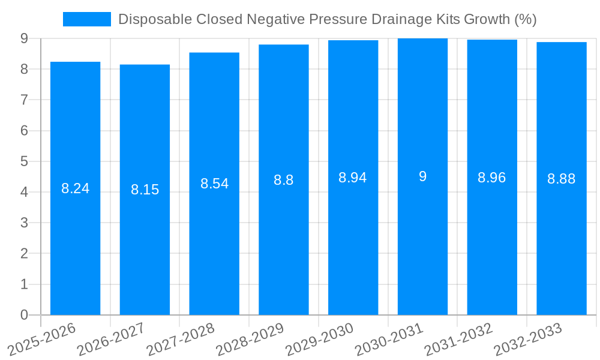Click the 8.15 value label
click(145, 190)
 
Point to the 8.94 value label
click(353, 178)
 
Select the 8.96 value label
click(491, 178)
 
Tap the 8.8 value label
click(283, 180)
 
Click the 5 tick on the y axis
click(25, 161)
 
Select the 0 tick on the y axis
click(25, 315)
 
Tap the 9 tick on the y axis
click(25, 38)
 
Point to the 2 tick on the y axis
click(25, 254)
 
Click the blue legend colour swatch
click(87, 19)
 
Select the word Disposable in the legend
click(150, 19)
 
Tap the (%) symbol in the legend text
click(526, 19)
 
